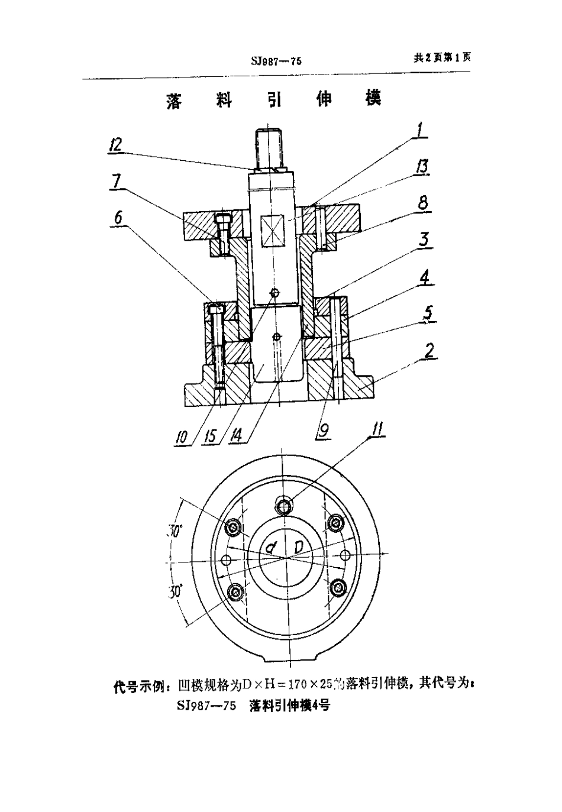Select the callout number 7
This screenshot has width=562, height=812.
coord(116,182)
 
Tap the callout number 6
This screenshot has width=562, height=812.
coord(118,218)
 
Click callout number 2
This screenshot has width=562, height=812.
coord(428,350)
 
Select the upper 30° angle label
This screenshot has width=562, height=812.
coord(174,530)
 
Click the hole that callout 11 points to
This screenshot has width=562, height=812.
coord(285,504)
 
